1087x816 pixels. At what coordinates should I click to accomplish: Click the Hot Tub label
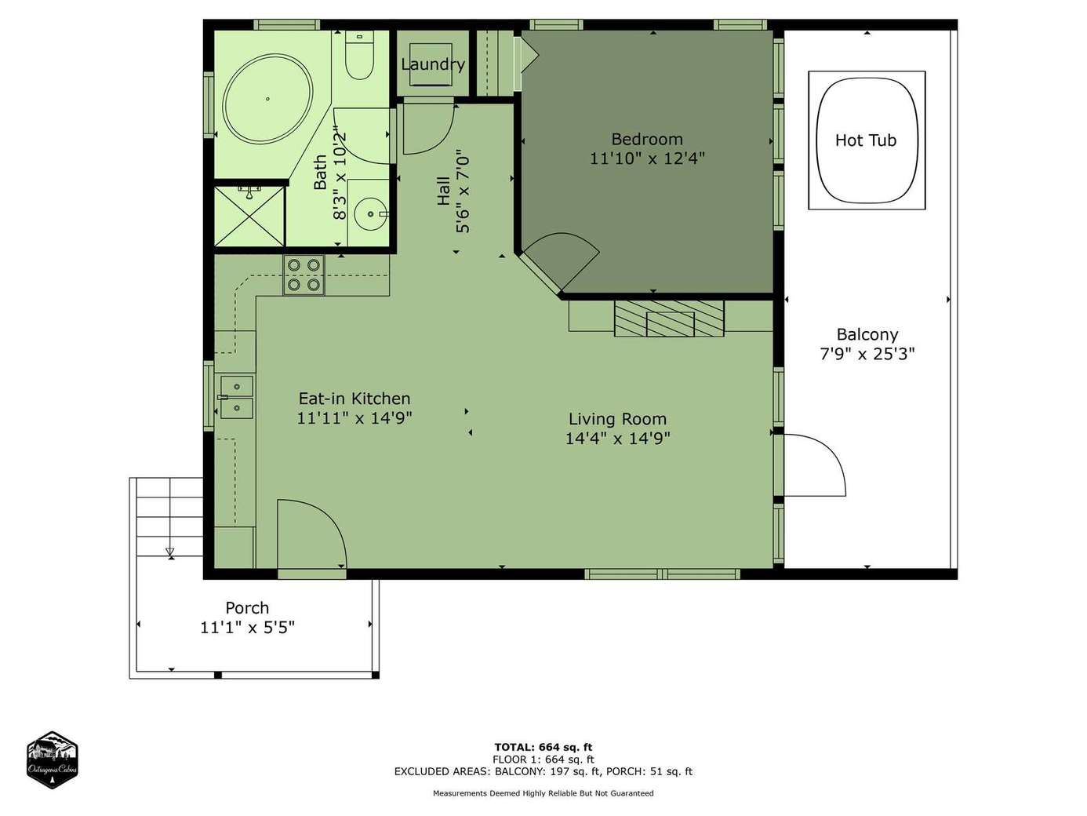click(x=865, y=140)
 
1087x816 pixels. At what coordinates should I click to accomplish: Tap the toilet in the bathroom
click(x=359, y=56)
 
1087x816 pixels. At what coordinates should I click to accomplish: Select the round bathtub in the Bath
click(x=267, y=99)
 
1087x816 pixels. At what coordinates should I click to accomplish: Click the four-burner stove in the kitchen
click(x=304, y=275)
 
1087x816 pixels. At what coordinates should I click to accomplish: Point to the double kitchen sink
click(x=237, y=397)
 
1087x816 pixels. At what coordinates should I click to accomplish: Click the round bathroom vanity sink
click(x=371, y=214)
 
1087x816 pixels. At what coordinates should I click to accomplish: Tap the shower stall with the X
click(x=249, y=216)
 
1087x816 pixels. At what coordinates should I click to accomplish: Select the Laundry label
click(x=433, y=64)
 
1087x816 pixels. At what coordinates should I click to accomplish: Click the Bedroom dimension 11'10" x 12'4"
click(x=647, y=158)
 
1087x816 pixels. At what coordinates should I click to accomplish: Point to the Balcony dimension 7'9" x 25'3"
click(x=867, y=354)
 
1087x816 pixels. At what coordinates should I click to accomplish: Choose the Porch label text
click(x=247, y=607)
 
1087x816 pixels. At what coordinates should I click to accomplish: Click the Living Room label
click(x=617, y=419)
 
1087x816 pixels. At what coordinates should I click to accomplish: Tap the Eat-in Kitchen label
click(x=354, y=399)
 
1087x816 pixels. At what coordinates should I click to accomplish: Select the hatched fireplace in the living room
click(x=669, y=318)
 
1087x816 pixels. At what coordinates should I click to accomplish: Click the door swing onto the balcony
click(x=815, y=464)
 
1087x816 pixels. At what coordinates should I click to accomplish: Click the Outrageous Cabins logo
click(x=52, y=760)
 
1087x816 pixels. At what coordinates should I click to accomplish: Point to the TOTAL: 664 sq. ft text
click(x=543, y=747)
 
